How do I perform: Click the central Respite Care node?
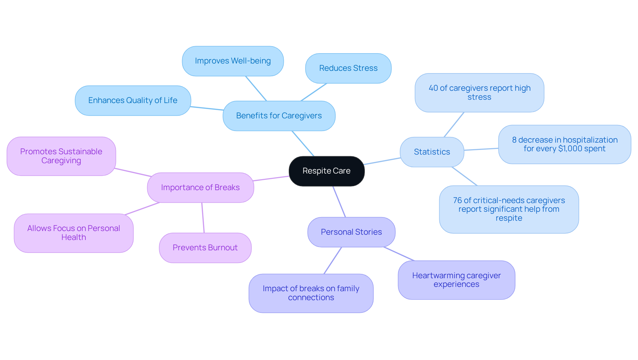326,171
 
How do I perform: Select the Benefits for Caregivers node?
279,116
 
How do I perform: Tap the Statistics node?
432,152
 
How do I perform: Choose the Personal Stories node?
351,232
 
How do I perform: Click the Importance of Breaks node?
200,187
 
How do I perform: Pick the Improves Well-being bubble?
233,61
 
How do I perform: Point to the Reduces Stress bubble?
348,68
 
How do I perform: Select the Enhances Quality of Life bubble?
133,100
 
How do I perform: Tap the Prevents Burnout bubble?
205,248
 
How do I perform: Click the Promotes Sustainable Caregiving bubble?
61,156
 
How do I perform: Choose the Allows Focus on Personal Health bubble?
73,233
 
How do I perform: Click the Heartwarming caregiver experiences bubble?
456,280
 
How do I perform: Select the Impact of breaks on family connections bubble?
311,293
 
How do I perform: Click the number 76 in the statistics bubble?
457,200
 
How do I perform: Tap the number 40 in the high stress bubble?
433,88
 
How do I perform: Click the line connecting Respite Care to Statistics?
382,161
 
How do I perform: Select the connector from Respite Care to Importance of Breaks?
271,179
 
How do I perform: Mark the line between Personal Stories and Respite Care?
339,202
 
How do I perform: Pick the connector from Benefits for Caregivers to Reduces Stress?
314,92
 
